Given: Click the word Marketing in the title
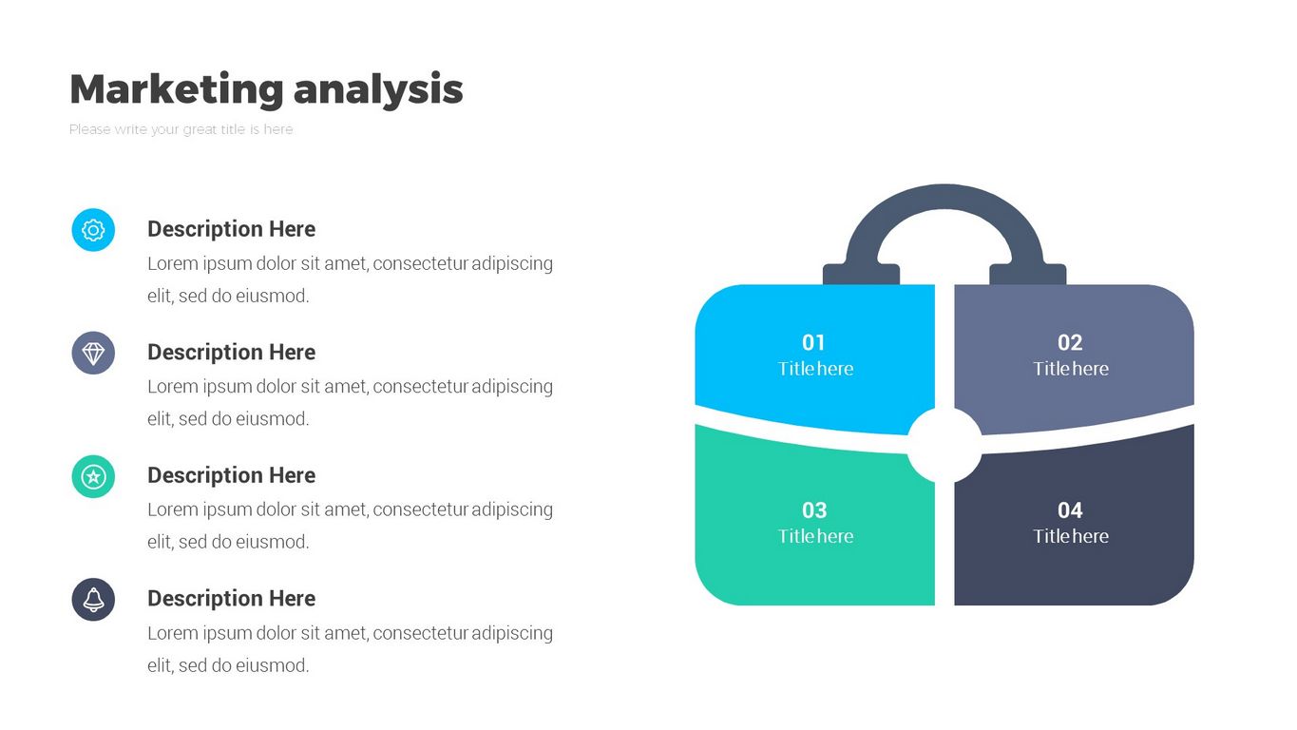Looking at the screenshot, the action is click(177, 89).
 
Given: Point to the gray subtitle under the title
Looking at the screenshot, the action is click(181, 129).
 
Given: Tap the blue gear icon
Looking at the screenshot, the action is click(93, 230).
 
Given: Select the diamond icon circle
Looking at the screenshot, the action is click(93, 353).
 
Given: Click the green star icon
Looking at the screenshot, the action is click(93, 477).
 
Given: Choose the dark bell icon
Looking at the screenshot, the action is click(93, 600).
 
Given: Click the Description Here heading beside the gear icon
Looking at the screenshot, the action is click(232, 229).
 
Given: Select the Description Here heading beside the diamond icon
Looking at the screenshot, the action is click(232, 352).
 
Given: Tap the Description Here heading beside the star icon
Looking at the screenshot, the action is click(232, 475).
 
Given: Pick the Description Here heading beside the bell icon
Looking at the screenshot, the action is click(232, 598).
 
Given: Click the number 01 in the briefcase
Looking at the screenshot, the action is click(813, 342).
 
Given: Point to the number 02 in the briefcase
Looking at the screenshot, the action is click(1070, 342).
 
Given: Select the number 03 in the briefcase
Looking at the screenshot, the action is click(814, 509).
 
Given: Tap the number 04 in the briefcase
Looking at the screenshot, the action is click(1070, 509).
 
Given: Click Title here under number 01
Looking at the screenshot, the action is click(815, 369).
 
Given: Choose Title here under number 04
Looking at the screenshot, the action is click(1071, 536).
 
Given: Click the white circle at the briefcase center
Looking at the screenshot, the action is click(944, 445).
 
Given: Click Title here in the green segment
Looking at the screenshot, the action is click(815, 536).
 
